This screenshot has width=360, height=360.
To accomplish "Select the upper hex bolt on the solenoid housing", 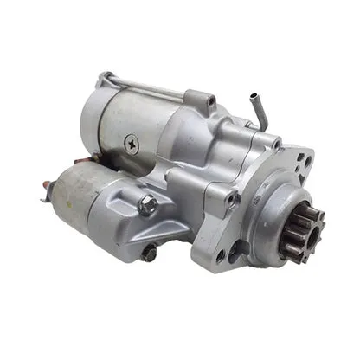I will click(148, 206).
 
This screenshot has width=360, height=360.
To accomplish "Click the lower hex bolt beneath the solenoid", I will click(150, 254).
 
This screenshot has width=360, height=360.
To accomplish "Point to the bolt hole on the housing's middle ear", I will click(232, 199).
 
